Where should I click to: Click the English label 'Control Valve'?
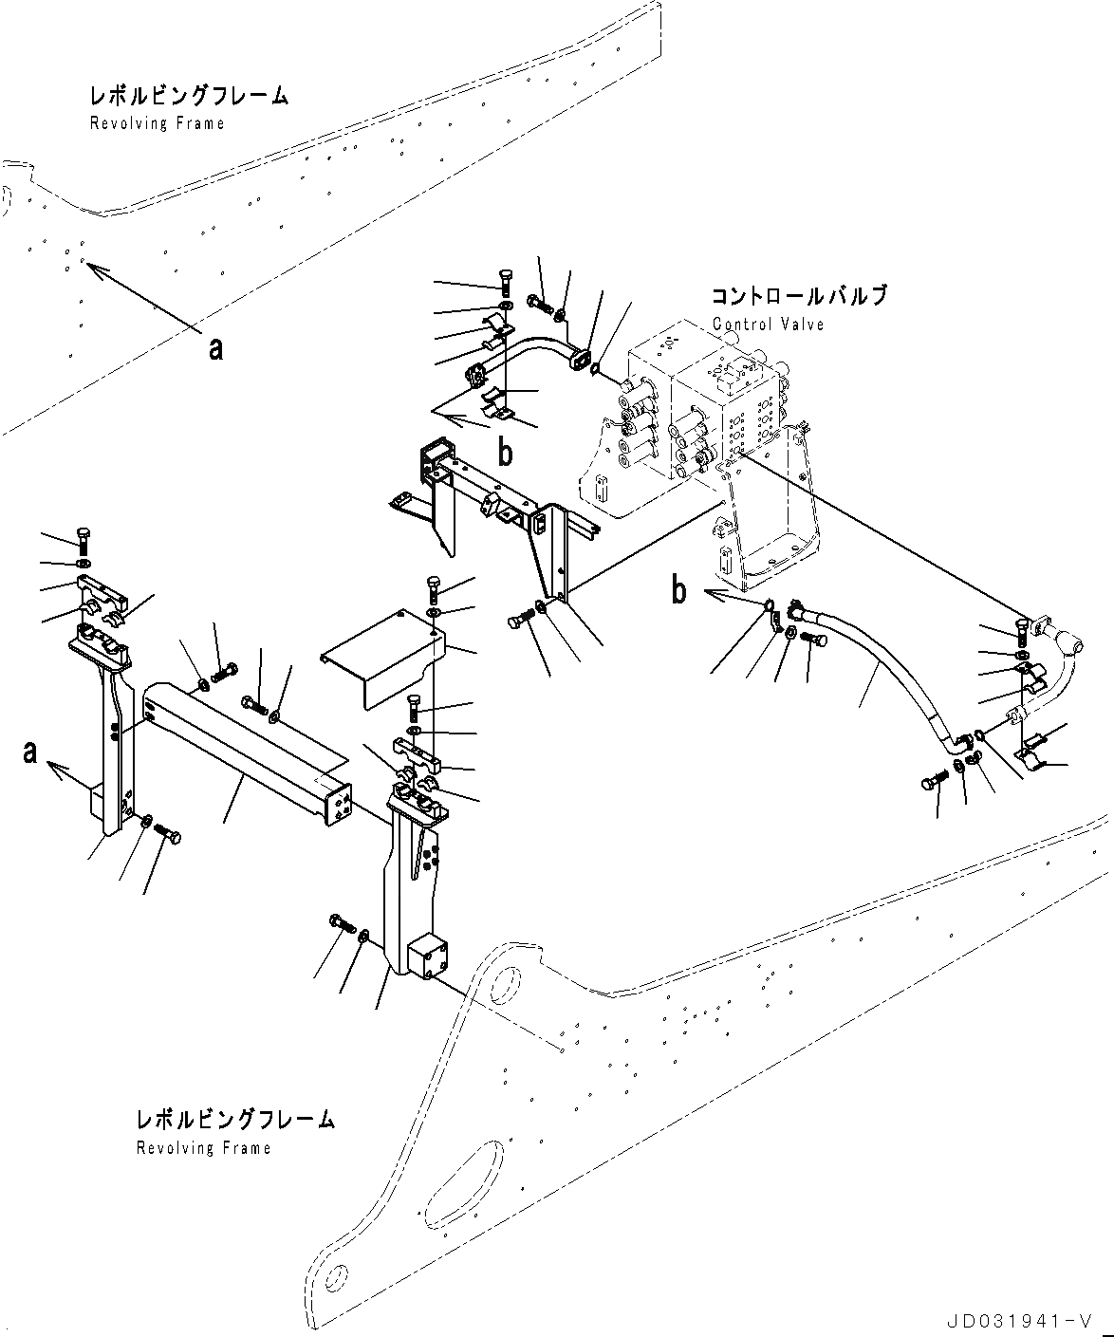tap(768, 325)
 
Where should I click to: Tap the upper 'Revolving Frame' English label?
tap(157, 123)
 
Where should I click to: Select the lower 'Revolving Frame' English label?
tap(203, 1148)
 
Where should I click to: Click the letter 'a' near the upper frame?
tap(216, 349)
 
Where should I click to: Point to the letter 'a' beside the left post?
tap(31, 752)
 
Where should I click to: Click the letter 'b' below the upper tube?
tap(506, 454)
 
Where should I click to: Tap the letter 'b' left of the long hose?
tap(678, 590)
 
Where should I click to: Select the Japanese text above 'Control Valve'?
tap(799, 296)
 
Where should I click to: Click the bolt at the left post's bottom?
tap(168, 834)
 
